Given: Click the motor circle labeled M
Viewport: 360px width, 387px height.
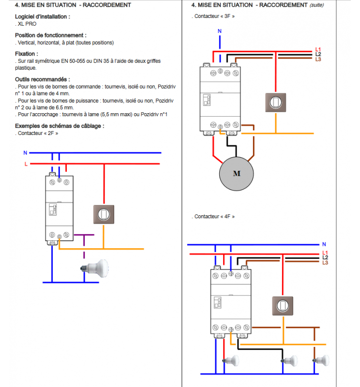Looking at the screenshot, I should [237, 174].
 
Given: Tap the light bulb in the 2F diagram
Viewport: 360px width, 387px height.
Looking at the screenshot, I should [98, 266].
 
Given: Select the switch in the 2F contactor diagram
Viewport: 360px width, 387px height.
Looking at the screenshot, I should [104, 214].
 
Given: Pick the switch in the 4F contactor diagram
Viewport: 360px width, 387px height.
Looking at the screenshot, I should [282, 306].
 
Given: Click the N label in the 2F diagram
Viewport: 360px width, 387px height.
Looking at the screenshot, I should [25, 153].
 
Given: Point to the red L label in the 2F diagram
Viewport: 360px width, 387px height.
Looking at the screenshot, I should [26, 164].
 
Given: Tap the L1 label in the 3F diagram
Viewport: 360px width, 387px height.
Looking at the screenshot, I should [318, 49].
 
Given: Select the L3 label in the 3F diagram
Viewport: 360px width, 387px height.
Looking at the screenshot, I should [318, 60].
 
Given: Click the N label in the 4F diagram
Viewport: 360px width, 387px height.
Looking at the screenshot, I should [324, 244].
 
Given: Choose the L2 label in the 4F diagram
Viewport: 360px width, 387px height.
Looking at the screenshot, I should [325, 258].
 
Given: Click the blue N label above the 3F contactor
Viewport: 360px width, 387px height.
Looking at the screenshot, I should [220, 31].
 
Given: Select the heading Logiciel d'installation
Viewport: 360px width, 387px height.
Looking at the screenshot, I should [42, 16].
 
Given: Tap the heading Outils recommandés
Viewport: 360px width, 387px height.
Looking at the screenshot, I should [42, 79].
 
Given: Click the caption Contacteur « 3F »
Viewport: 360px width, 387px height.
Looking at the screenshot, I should [215, 16].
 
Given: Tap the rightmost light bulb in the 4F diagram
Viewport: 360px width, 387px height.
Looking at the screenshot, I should [321, 360].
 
